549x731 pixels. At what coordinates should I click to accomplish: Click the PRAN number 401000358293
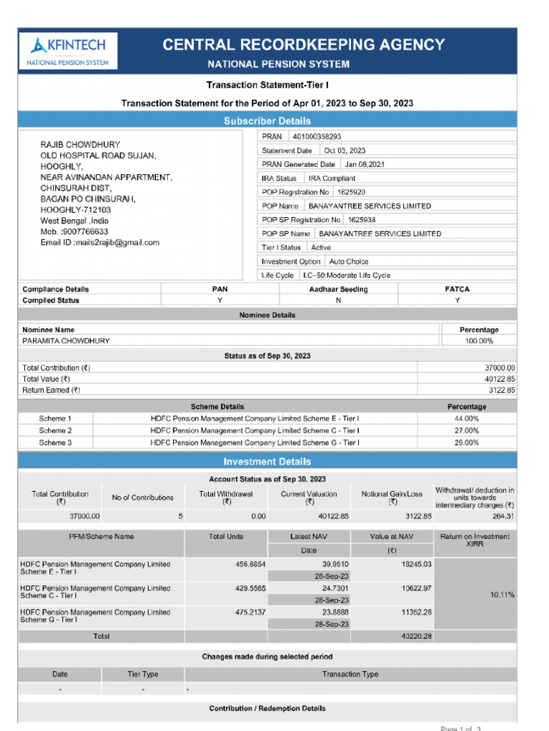pos(317,136)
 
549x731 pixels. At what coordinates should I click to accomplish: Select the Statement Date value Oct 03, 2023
pos(345,151)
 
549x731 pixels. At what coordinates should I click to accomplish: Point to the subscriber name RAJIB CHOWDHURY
pos(80,144)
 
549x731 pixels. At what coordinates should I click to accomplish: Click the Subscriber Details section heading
pos(267,121)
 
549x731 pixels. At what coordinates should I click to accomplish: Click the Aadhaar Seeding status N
pos(338,301)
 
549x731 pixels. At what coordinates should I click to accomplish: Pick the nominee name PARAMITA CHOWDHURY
pos(66,341)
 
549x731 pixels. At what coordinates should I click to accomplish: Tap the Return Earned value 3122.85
pos(500,390)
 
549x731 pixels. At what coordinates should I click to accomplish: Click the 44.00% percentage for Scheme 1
pos(466,418)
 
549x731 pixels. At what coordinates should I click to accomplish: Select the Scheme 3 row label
pos(55,443)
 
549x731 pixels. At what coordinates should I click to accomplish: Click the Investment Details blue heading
pos(267,461)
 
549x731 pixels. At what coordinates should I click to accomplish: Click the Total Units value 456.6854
pos(250,564)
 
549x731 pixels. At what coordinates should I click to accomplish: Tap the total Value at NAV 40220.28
pos(417,636)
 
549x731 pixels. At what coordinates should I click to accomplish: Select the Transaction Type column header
pos(350,674)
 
